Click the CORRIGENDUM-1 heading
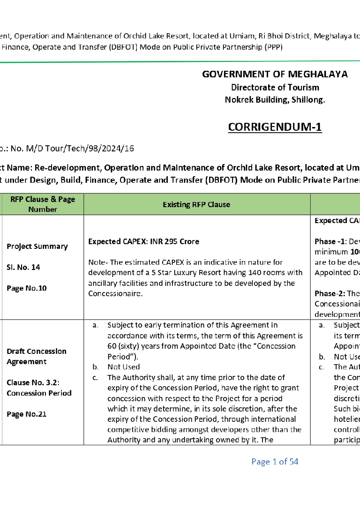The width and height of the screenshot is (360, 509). point(275,127)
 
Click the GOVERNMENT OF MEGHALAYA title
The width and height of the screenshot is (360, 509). point(275,74)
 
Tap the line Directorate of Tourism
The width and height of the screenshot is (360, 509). point(275,87)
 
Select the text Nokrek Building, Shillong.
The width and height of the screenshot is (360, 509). point(275,99)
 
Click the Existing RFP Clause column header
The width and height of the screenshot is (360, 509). point(196,204)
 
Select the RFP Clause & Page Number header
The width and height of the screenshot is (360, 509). point(43,204)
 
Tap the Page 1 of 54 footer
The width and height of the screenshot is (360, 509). point(275,462)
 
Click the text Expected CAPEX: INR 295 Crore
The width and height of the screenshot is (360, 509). point(143,242)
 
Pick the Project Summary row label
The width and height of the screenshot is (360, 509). point(37,247)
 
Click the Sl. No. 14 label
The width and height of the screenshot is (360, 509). point(23,267)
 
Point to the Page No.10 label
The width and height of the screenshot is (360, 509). point(27,288)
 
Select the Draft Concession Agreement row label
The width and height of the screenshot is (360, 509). point(37,356)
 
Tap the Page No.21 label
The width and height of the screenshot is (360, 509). point(27,414)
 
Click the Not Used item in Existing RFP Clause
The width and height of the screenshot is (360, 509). point(124,367)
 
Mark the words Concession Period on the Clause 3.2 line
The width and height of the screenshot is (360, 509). point(39,393)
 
